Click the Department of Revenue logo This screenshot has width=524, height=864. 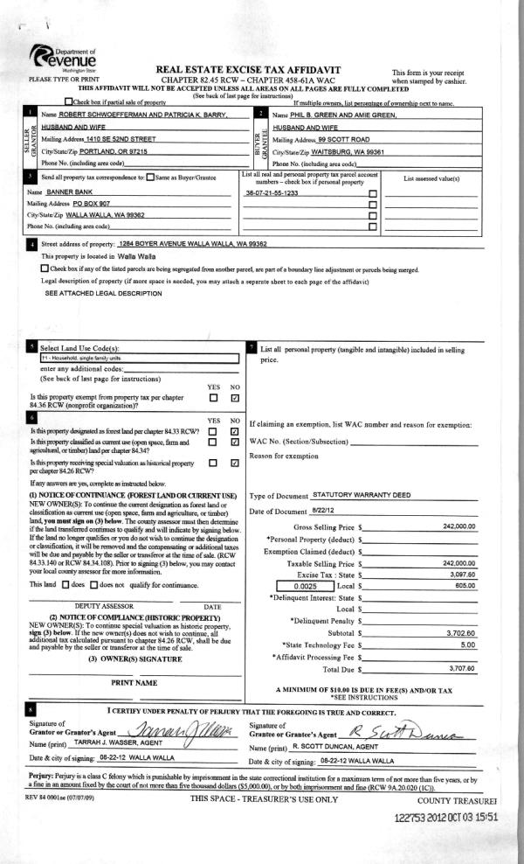(x=65, y=60)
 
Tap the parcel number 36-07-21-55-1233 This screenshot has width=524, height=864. (x=272, y=192)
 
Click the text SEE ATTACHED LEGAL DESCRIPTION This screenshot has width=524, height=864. (x=103, y=294)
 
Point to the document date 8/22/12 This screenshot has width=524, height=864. (x=324, y=510)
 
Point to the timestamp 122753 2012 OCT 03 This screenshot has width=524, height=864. (x=445, y=817)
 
